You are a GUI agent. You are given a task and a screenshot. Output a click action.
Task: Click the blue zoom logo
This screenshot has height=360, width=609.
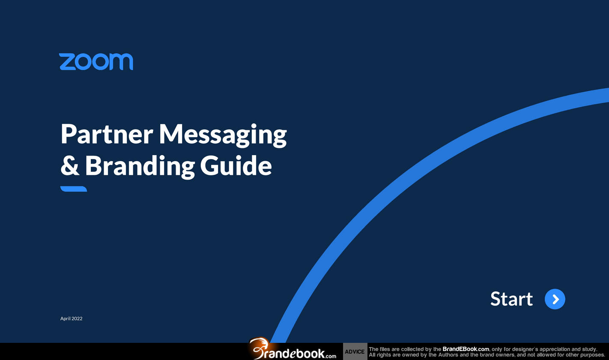point(96,61)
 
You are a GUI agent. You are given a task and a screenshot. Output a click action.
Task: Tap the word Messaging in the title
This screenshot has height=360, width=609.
point(223,135)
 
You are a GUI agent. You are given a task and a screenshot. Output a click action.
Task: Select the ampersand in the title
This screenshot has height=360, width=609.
point(70,165)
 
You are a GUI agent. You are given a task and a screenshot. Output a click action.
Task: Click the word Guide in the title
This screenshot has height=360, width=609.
point(236,165)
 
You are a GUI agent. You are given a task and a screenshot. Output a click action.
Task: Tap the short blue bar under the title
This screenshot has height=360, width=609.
point(74,189)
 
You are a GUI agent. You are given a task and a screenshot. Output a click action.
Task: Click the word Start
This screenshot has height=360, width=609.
point(511,299)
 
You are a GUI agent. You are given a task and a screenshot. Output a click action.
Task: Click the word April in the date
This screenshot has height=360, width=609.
point(65,318)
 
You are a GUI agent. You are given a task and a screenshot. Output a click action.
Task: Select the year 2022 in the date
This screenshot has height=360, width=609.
point(77,318)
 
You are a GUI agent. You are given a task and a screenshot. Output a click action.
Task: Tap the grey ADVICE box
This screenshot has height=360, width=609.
point(355,351)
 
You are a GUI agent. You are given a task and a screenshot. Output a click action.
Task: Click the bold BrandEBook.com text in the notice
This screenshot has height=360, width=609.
point(466,349)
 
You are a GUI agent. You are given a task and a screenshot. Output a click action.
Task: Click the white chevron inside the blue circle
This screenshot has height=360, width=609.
point(556,299)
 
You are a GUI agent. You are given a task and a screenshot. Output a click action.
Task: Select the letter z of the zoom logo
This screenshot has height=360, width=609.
point(67,62)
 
